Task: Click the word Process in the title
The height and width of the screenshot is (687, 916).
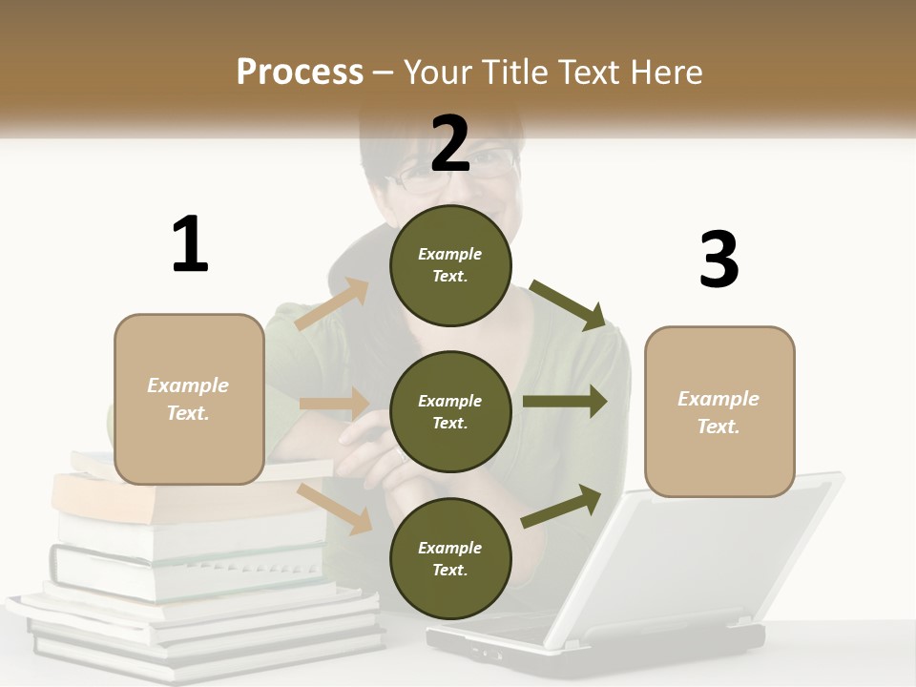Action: (x=300, y=72)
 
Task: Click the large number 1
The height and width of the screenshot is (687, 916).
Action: (x=190, y=244)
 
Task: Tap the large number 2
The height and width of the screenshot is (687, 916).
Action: (x=450, y=143)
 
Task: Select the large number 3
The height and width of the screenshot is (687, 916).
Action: (x=718, y=260)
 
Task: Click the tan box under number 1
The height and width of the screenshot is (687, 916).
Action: (x=189, y=399)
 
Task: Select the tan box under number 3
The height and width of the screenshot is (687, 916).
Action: (x=719, y=411)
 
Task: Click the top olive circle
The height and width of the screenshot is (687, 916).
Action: (x=450, y=265)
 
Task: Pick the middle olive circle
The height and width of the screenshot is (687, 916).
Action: (x=450, y=411)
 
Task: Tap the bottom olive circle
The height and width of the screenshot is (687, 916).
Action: (x=450, y=558)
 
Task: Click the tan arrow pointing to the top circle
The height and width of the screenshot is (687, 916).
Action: (x=332, y=304)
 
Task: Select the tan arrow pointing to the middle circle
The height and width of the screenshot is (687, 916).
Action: (x=333, y=403)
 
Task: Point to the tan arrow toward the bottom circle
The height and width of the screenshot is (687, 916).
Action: (x=334, y=508)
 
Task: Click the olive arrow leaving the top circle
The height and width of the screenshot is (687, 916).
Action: (x=568, y=304)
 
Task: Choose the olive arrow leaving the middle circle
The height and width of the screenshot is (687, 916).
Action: (x=564, y=402)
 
